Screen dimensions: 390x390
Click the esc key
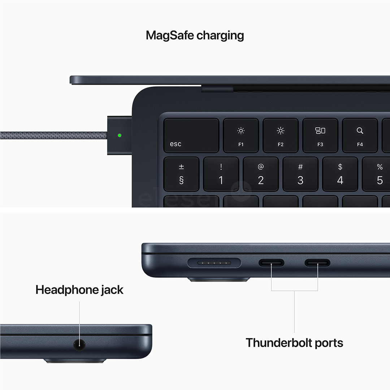(x=191, y=135)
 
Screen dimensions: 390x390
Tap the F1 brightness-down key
(x=241, y=135)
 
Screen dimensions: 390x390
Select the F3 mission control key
(x=320, y=135)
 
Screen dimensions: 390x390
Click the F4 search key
(x=360, y=135)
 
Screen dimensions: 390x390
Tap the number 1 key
(x=221, y=174)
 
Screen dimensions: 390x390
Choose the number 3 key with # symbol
(x=300, y=174)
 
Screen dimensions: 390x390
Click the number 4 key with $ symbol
(x=340, y=174)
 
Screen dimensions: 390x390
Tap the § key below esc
(x=181, y=174)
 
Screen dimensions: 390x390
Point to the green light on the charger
(x=120, y=136)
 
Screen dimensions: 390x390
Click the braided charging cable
(x=54, y=136)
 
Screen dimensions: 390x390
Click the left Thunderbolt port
(x=271, y=263)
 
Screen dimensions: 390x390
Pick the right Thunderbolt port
(x=317, y=263)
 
